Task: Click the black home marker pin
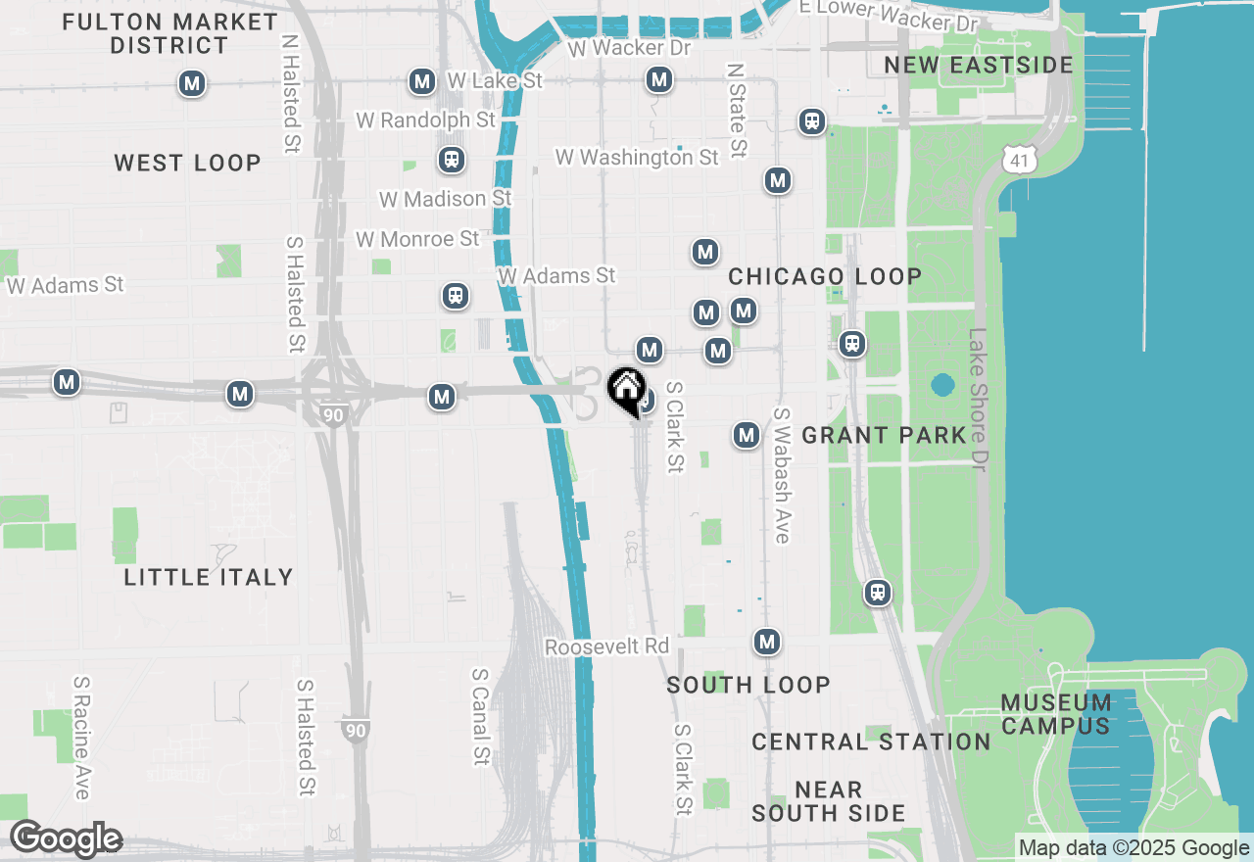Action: [626, 390]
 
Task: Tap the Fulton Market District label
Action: [169, 33]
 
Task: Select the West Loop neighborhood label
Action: [187, 163]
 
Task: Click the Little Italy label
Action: [209, 577]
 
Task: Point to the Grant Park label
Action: [884, 435]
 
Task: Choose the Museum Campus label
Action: [1056, 714]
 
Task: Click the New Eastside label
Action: [979, 65]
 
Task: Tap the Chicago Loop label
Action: [825, 276]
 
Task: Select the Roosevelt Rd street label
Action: [606, 647]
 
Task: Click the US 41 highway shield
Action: [1021, 157]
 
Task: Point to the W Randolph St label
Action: [426, 120]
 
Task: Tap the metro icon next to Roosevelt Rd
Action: [767, 643]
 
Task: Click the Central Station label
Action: [871, 742]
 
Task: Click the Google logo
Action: [66, 838]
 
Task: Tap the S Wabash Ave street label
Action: [782, 475]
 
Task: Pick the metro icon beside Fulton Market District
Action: [192, 84]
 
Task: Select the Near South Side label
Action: [829, 801]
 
